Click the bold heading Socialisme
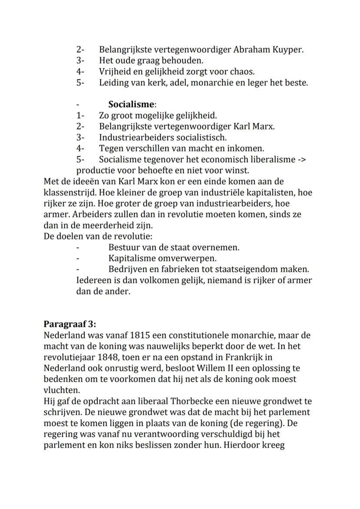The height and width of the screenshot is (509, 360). click(x=131, y=104)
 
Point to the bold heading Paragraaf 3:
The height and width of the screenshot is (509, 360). click(x=70, y=324)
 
